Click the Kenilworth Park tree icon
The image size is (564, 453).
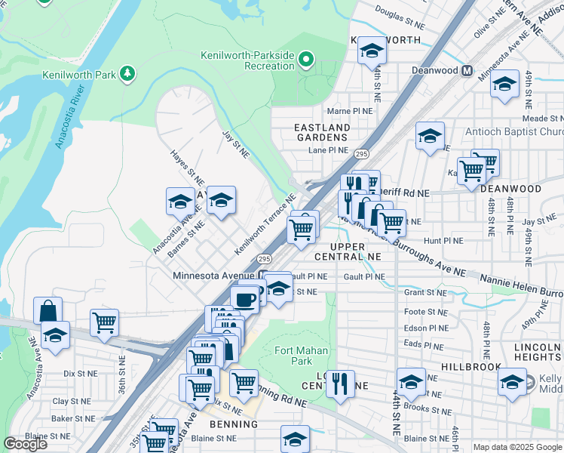128,72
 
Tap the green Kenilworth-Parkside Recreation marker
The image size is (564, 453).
305,59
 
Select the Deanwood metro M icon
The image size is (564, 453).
467,71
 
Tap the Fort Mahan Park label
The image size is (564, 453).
293,356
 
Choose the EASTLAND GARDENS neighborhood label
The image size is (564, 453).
322,133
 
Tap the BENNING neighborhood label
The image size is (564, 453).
234,424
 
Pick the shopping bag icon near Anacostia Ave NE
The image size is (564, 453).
48,310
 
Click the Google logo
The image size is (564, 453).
25,444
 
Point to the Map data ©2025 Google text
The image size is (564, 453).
517,447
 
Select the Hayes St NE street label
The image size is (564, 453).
187,167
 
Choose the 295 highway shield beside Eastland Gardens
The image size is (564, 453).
361,153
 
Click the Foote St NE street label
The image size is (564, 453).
426,311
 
